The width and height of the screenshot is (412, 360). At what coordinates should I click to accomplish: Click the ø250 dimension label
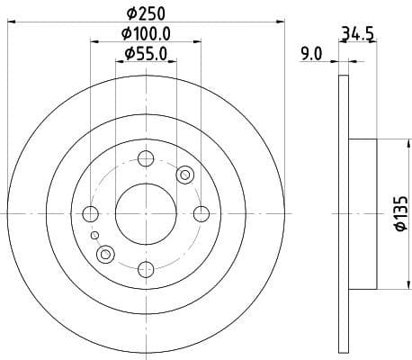pyautogui.click(x=144, y=13)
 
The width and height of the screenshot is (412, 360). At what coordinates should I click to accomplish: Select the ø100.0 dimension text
pyautogui.click(x=144, y=33)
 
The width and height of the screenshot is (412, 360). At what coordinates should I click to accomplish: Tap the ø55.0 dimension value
pyautogui.click(x=144, y=54)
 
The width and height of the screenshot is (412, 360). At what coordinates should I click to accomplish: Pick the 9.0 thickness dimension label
pyautogui.click(x=310, y=54)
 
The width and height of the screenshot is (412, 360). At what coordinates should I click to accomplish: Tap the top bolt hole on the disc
pyautogui.click(x=145, y=159)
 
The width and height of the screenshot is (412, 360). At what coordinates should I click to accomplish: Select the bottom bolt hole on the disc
pyautogui.click(x=145, y=267)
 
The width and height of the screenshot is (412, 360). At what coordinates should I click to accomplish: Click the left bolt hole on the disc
pyautogui.click(x=90, y=213)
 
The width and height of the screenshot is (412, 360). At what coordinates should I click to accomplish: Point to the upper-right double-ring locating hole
pyautogui.click(x=185, y=175)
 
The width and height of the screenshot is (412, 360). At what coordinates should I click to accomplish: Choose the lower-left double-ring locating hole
pyautogui.click(x=105, y=255)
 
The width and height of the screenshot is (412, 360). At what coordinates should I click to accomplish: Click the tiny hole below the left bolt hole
pyautogui.click(x=94, y=235)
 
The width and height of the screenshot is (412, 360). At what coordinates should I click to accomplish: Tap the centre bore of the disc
pyautogui.click(x=145, y=213)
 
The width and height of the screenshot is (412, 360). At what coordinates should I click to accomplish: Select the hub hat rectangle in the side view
pyautogui.click(x=364, y=213)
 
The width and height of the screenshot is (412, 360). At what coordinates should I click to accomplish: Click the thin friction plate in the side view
pyautogui.click(x=343, y=213)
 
